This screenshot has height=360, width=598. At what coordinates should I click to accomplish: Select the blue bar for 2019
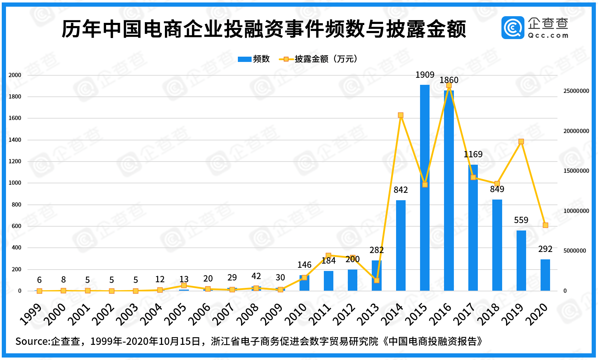coord(521,260)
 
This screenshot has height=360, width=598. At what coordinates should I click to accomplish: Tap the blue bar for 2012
coord(352,280)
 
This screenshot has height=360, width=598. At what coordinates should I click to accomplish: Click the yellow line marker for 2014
coord(401,115)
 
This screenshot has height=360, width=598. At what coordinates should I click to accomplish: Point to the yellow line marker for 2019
coord(521,141)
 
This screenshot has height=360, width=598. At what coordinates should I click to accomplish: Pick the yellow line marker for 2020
coord(545,225)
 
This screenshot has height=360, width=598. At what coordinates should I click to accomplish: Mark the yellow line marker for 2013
coord(376,280)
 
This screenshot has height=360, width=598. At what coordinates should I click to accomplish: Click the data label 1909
coord(425,75)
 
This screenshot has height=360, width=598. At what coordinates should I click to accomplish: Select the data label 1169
coord(473,154)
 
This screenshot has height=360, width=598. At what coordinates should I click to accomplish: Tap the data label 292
coord(545,249)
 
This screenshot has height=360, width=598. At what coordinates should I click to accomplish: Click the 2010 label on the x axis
coord(296,314)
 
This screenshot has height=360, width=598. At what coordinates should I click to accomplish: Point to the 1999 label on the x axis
coord(31,314)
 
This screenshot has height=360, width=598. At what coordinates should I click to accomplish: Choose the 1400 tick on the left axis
coord(15,140)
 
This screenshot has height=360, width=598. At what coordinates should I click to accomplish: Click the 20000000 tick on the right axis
coord(576,131)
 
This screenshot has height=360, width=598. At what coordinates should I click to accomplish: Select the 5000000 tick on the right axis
coord(575,251)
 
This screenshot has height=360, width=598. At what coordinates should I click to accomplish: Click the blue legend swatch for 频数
coord(244,59)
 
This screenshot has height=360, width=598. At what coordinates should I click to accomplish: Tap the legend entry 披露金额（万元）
coord(326,59)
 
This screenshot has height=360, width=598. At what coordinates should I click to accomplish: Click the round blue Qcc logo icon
coord(513,28)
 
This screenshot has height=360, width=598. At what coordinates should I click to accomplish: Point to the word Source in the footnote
coord(32,341)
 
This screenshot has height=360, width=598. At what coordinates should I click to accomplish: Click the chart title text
coord(264,29)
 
